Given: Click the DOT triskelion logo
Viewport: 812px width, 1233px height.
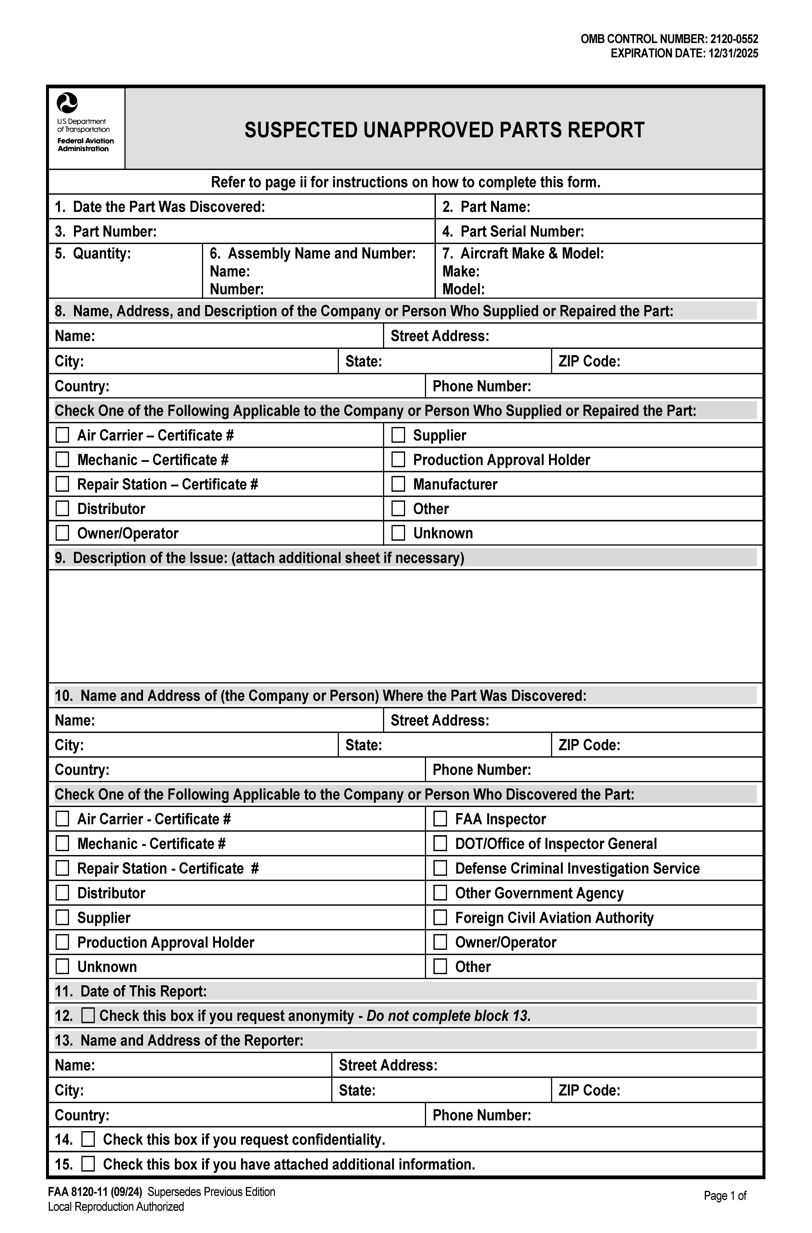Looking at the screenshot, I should coord(67,103).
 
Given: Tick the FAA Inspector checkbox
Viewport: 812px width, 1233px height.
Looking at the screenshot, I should coord(440,819).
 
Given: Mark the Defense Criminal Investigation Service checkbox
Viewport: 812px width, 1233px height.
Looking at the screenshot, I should coord(440,868).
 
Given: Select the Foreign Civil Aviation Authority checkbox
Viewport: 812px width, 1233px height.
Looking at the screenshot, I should coord(440,918).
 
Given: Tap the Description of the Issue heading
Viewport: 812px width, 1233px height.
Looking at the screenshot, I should coord(259,558).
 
